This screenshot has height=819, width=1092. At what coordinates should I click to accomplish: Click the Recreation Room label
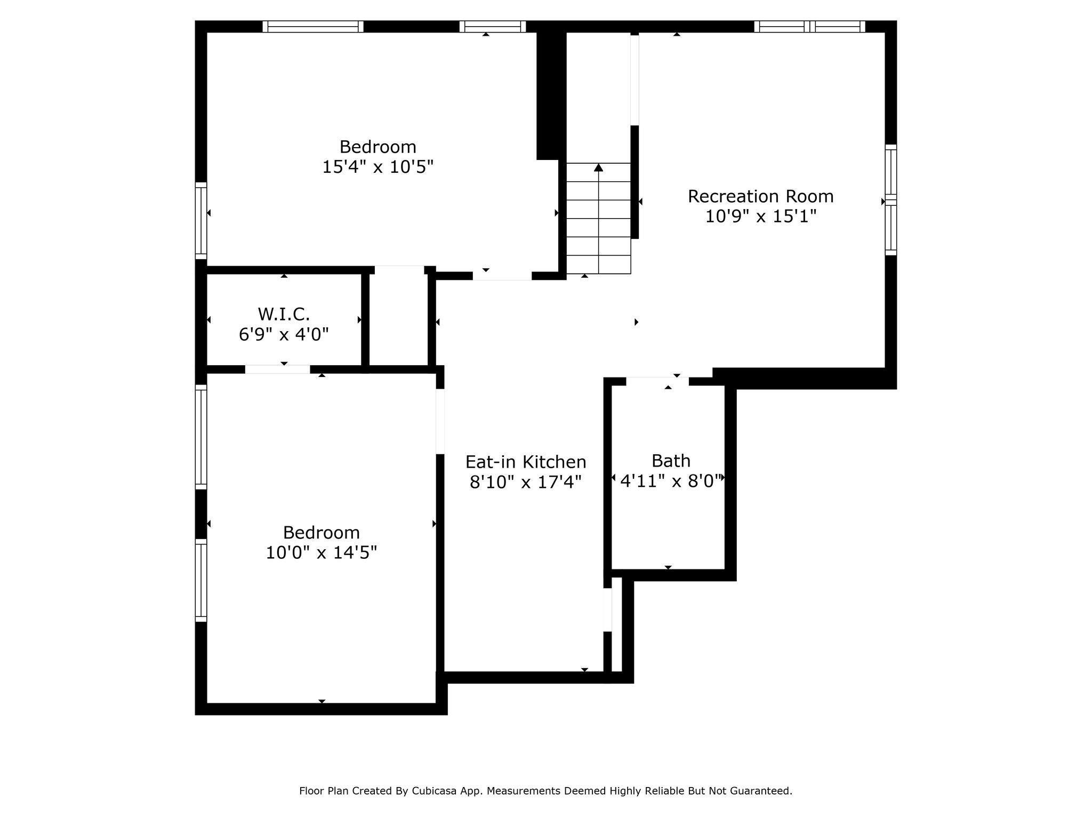(760, 196)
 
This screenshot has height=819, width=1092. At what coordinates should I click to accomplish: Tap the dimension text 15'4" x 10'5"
(378, 167)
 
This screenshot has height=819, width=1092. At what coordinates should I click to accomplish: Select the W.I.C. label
(284, 314)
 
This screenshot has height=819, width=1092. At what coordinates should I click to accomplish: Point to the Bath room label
(671, 461)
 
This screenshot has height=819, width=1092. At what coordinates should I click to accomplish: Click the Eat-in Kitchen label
(526, 462)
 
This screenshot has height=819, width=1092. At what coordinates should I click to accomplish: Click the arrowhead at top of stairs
(598, 167)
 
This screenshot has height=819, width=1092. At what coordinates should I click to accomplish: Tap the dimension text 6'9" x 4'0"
(284, 334)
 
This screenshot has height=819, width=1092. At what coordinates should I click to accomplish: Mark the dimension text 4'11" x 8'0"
(671, 481)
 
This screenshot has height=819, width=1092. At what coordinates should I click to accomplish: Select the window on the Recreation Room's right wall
(890, 199)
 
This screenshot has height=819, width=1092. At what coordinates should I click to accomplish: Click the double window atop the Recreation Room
(809, 27)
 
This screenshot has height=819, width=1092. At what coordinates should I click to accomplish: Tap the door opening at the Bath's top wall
(657, 381)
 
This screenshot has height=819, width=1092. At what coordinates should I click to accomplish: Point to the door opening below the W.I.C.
(277, 369)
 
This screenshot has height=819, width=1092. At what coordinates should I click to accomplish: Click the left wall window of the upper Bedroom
(200, 220)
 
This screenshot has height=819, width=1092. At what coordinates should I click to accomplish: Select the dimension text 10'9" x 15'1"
(760, 216)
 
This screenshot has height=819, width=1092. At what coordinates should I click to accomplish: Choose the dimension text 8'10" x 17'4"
(526, 483)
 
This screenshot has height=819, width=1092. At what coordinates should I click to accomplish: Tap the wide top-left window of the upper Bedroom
(313, 27)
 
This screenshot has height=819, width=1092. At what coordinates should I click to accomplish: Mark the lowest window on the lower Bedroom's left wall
(200, 580)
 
